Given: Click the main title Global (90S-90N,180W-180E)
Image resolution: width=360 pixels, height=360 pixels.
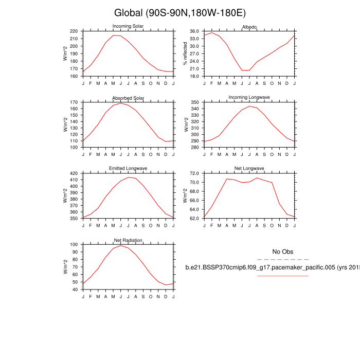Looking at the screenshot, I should tap(179, 13).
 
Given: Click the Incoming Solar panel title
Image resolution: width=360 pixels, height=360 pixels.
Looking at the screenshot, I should tap(128, 27).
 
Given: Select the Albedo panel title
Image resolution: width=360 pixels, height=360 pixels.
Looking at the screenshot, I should tap(249, 27).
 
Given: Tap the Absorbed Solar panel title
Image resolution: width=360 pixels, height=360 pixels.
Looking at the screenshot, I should tap(128, 98).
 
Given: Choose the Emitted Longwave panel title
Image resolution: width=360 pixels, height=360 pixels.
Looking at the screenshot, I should tap(128, 169).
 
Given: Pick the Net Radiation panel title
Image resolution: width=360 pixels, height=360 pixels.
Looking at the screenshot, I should tap(128, 240).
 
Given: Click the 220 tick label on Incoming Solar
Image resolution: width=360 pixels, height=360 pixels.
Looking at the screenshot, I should tap(73, 31).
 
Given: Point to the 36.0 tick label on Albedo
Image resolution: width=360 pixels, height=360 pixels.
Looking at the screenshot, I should tap(194, 31).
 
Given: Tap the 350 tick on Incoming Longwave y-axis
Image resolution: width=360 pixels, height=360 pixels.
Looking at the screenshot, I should tap(194, 103).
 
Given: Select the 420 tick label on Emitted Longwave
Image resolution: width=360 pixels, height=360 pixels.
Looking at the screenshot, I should tap(73, 174).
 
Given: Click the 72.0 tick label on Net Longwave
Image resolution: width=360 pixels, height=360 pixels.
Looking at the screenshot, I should tap(194, 174).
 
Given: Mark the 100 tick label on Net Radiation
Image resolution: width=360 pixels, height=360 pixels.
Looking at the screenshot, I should tap(73, 245).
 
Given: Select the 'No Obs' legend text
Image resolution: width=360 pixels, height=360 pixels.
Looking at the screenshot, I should tap(282, 251).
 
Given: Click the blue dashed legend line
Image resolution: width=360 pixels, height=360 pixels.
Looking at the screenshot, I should tap(282, 260).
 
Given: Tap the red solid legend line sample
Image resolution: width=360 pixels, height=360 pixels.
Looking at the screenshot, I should tap(282, 276).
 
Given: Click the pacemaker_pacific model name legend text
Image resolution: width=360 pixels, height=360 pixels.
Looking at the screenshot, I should tap(273, 268).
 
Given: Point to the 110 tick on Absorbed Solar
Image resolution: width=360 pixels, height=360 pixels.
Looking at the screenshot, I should tap(73, 141).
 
